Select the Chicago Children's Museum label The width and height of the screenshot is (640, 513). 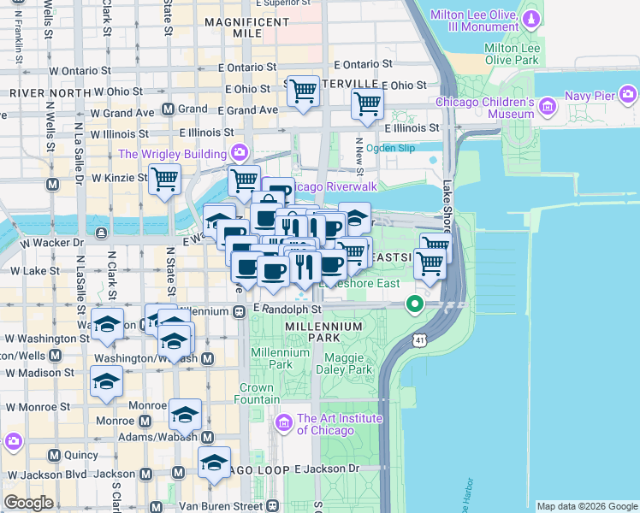(x=484, y=108)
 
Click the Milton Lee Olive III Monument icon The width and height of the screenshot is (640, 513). (x=531, y=18)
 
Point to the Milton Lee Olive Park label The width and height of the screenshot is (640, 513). (x=511, y=55)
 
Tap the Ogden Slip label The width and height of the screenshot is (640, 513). (x=390, y=148)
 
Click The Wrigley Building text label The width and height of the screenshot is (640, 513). (x=172, y=154)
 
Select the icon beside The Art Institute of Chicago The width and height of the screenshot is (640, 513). (x=282, y=422)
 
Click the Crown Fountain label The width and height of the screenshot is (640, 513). (x=256, y=393)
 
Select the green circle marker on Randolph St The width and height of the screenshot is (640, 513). (x=415, y=304)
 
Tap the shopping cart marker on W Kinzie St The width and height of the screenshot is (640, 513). (x=164, y=180)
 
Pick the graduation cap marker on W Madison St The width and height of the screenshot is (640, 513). (x=106, y=381)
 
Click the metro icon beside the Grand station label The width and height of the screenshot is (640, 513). (x=169, y=109)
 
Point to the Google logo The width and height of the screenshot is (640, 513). (x=28, y=503)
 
